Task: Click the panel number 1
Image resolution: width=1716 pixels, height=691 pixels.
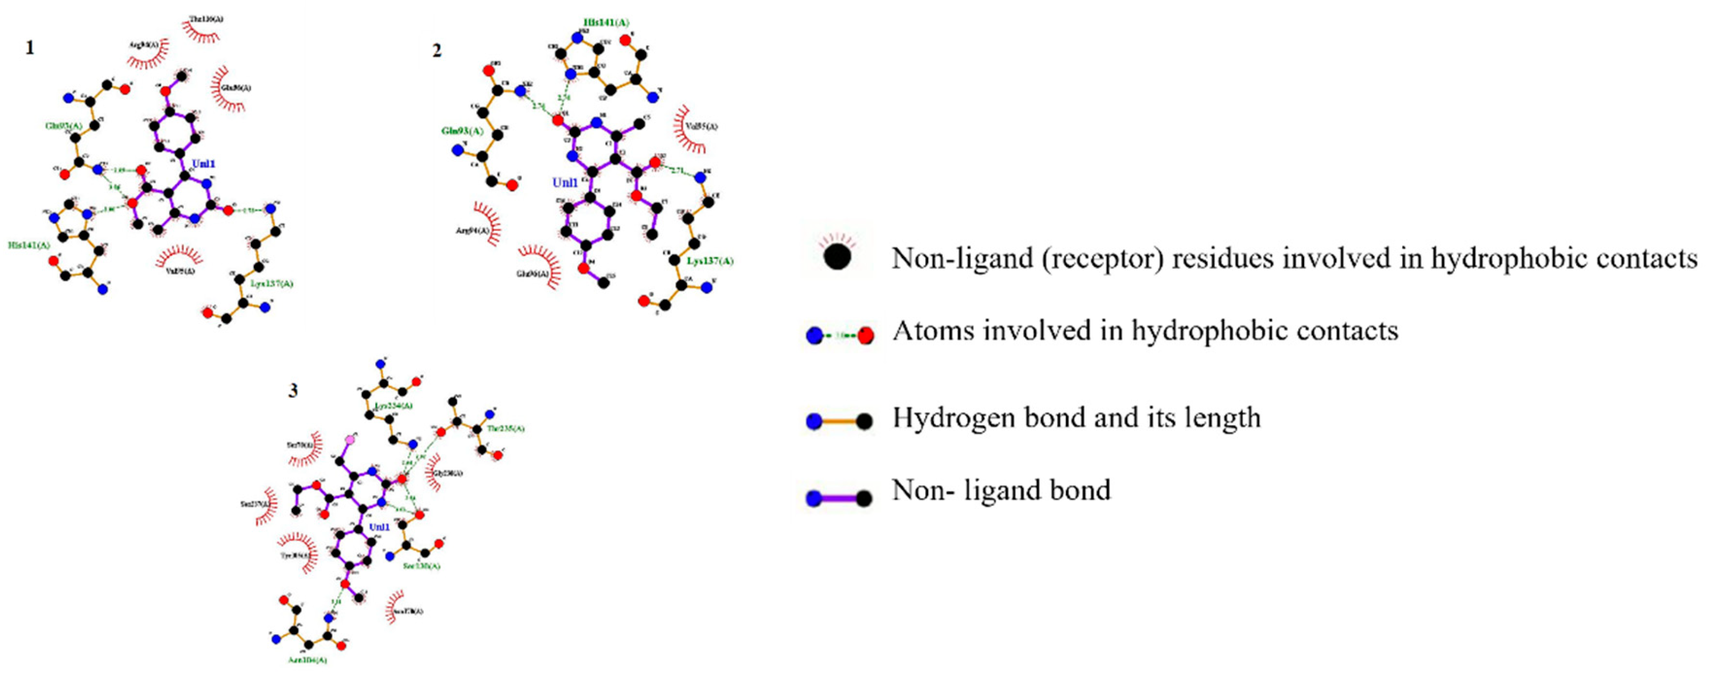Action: click(x=29, y=48)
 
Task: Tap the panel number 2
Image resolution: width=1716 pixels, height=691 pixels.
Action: click(x=437, y=51)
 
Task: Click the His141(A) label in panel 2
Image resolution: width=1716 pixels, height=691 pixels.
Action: click(x=606, y=23)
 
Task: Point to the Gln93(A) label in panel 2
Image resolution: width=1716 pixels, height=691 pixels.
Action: click(x=462, y=131)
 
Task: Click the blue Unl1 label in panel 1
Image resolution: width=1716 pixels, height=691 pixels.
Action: click(x=204, y=164)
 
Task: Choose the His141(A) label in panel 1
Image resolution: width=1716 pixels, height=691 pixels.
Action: click(x=28, y=246)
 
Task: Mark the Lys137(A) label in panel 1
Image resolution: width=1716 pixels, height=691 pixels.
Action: click(x=272, y=284)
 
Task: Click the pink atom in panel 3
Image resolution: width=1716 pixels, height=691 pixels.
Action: click(x=349, y=439)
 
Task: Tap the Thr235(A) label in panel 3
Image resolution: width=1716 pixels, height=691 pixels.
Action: click(x=505, y=429)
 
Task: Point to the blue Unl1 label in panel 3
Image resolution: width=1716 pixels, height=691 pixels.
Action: click(x=379, y=526)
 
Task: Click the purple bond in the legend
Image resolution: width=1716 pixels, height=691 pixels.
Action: click(x=839, y=498)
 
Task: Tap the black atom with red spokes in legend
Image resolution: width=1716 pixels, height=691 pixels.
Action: click(x=837, y=256)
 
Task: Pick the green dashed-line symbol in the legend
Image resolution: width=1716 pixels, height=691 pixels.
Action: click(x=839, y=335)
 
